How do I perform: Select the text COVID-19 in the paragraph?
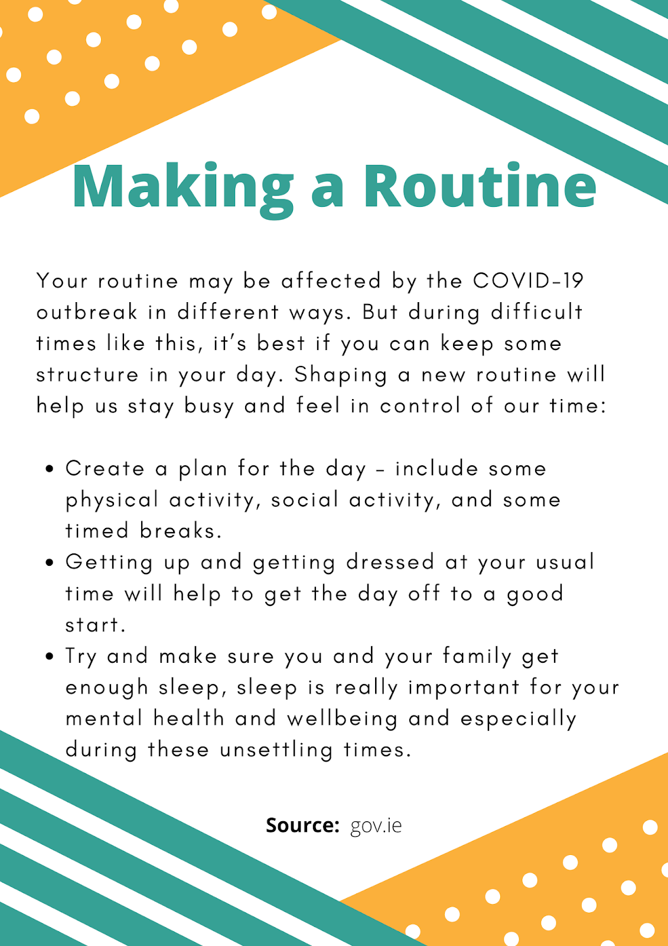click(x=528, y=281)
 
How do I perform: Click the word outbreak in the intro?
click(x=87, y=312)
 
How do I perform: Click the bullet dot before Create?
click(x=50, y=469)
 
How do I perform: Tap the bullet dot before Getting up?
click(x=50, y=562)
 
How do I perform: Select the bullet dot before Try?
click(x=50, y=656)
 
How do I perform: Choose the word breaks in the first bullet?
click(x=180, y=531)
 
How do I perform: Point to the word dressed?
click(x=390, y=562)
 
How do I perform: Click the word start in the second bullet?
click(x=95, y=625)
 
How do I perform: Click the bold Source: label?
click(x=302, y=825)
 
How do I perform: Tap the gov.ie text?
click(x=376, y=826)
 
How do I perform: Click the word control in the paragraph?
click(x=420, y=406)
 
